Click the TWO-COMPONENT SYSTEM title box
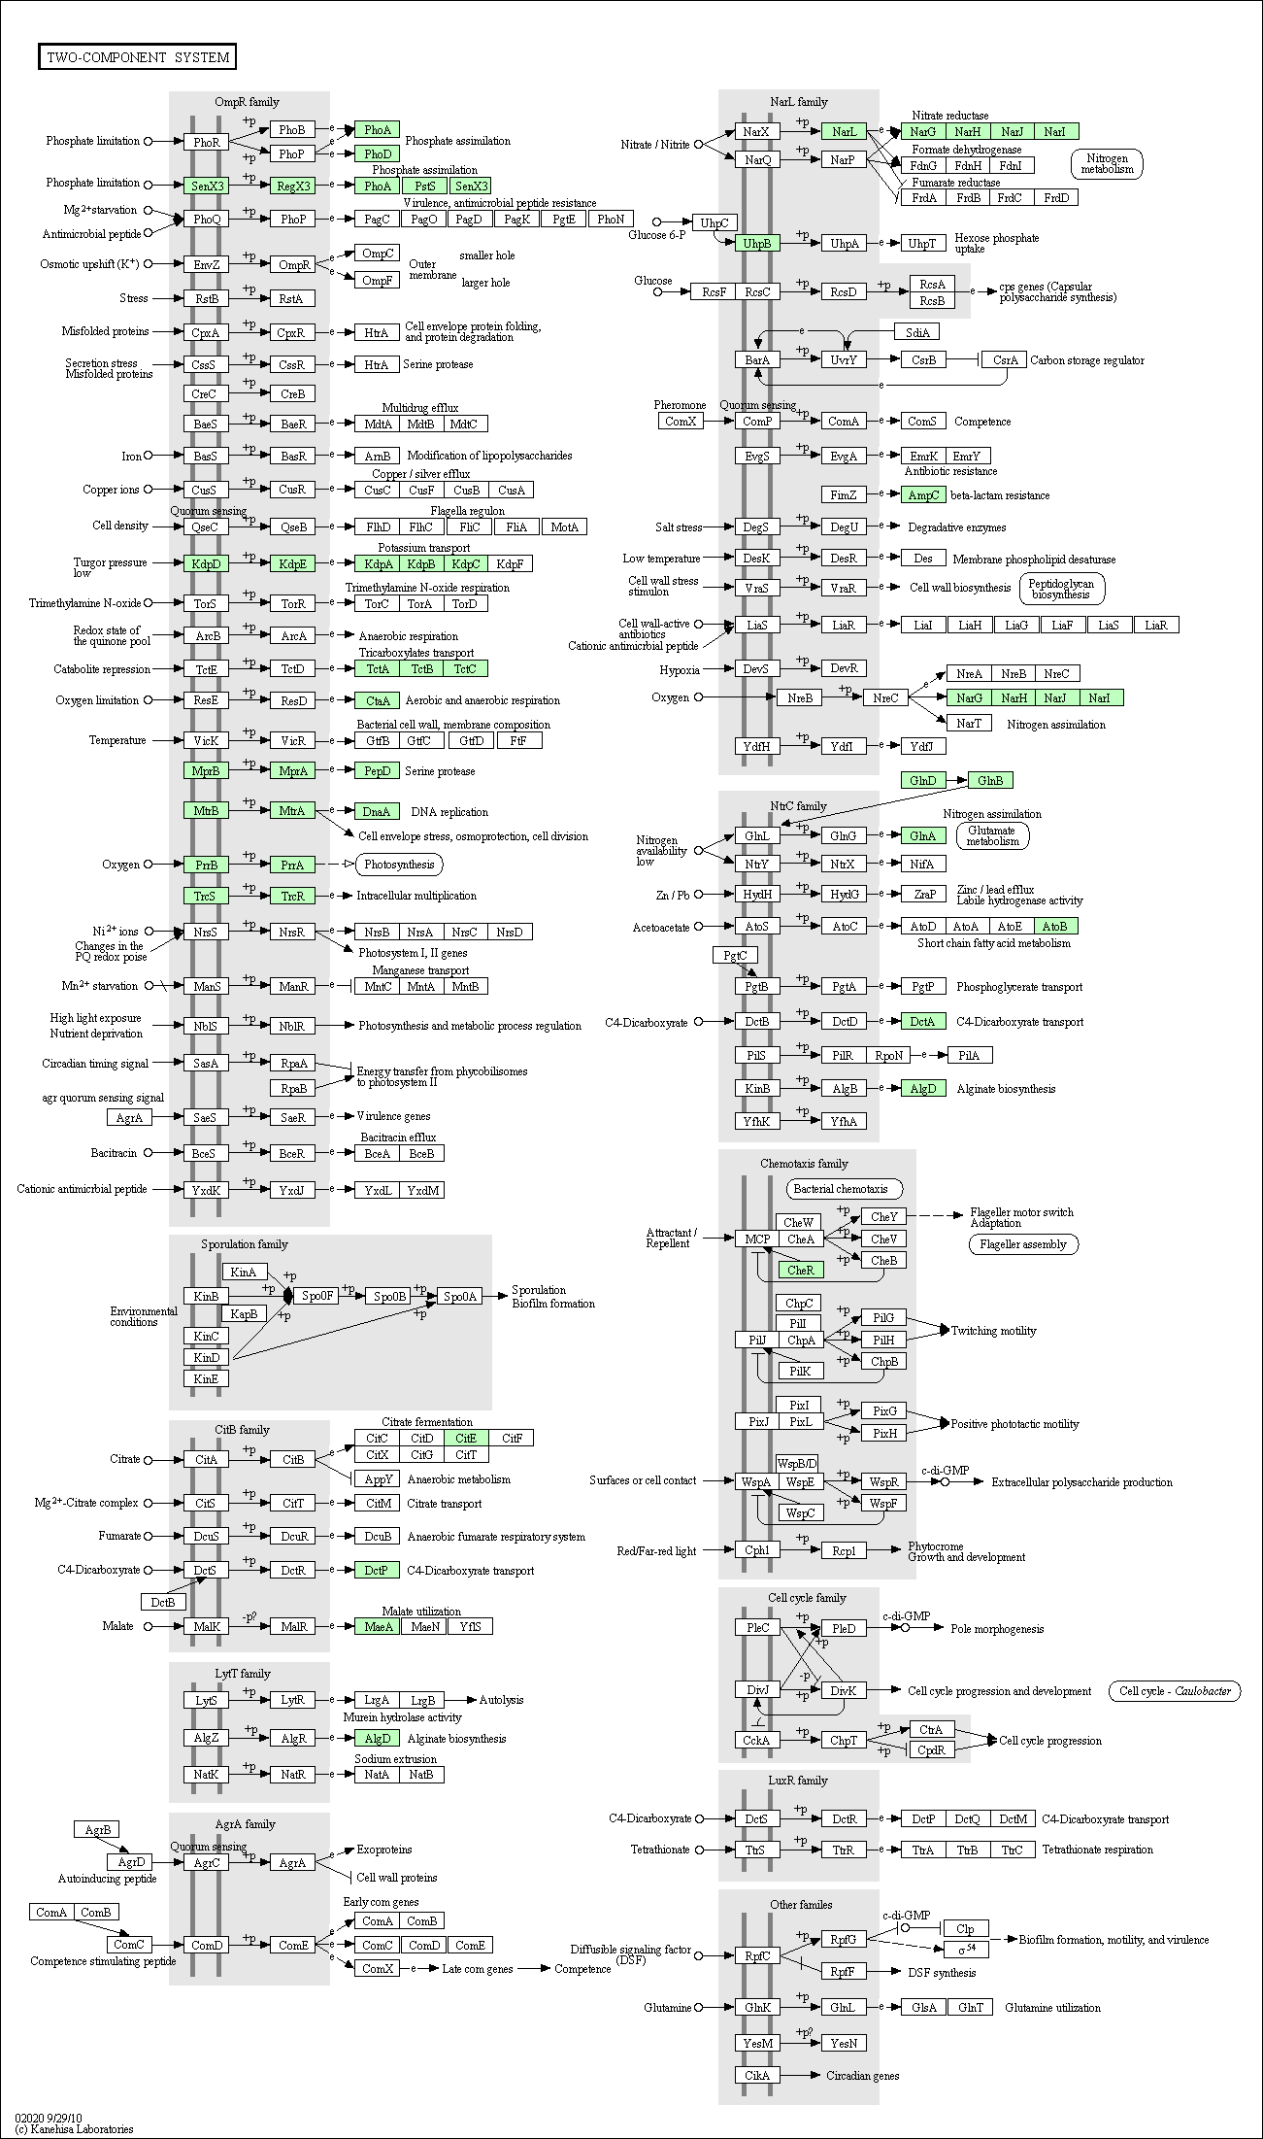(x=138, y=57)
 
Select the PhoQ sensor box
(x=207, y=220)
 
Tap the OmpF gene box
(x=378, y=281)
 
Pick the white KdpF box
(x=511, y=564)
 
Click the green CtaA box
(x=378, y=700)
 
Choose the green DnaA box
(x=378, y=811)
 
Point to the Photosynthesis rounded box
(x=400, y=865)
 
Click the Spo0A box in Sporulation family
(x=460, y=1296)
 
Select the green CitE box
(x=467, y=1438)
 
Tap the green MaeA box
(x=378, y=1626)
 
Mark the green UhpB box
(x=757, y=244)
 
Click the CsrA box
(x=1005, y=360)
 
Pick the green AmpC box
(x=923, y=495)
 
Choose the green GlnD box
(x=923, y=781)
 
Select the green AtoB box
(x=1056, y=927)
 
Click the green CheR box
(x=801, y=1270)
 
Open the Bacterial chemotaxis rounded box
(x=842, y=1189)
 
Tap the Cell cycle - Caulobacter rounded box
(x=1175, y=1691)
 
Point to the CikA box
(x=757, y=2075)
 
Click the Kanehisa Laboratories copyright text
(x=74, y=2129)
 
